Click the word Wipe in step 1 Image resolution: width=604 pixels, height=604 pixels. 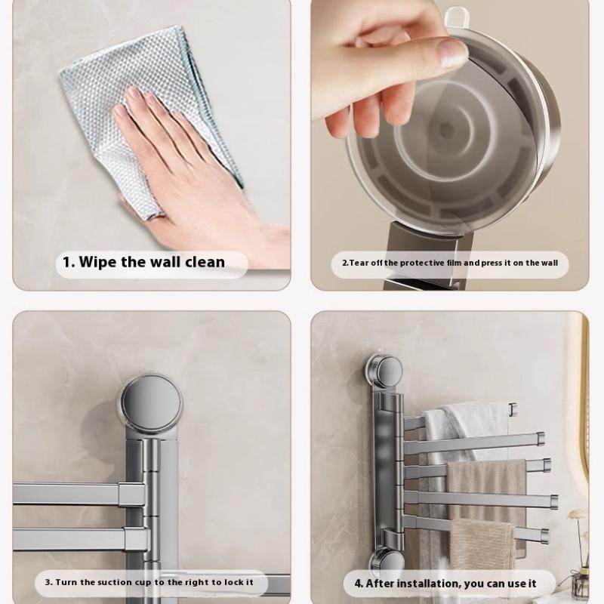point(98,262)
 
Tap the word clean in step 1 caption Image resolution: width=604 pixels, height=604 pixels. point(205,262)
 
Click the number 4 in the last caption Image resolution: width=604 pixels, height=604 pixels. point(358,583)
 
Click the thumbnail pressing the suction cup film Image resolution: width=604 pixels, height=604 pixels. point(454,52)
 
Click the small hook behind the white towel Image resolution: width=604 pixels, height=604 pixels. point(513,409)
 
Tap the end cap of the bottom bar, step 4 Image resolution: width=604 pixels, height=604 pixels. point(544,534)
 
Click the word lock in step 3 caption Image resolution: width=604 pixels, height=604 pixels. point(234,582)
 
